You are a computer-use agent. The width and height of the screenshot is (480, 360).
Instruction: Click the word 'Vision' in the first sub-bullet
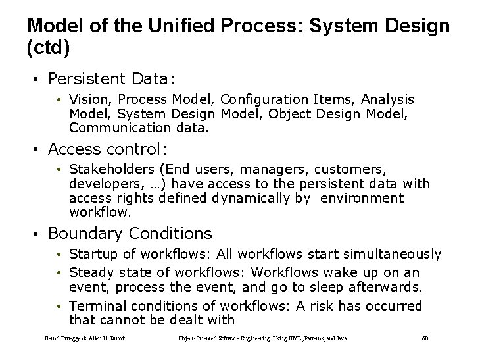point(87,99)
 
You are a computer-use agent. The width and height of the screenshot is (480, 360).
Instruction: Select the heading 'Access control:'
point(106,148)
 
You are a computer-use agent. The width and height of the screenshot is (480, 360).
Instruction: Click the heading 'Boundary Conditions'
point(130,233)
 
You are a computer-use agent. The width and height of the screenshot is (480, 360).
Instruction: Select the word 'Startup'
point(91,254)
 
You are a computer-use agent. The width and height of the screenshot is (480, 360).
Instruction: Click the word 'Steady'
point(89,272)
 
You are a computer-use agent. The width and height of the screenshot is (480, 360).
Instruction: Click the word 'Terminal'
point(95,306)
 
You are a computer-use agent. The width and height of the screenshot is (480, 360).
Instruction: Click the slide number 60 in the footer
point(425,339)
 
